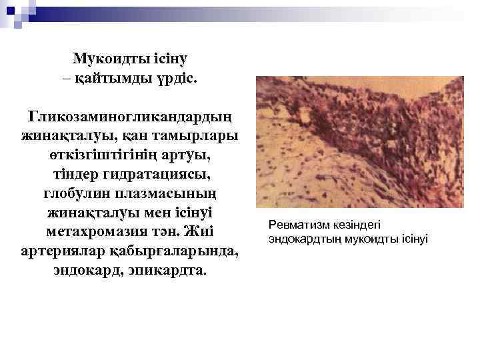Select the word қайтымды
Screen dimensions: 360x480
pyautogui.click(x=113, y=78)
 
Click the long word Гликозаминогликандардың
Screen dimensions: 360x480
pyautogui.click(x=130, y=117)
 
